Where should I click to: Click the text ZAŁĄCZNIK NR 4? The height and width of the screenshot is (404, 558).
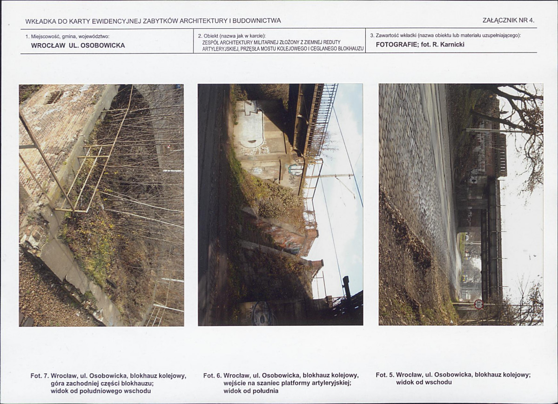(509, 20)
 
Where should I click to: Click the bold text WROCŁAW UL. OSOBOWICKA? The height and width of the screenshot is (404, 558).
(78, 46)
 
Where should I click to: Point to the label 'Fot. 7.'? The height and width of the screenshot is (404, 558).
(39, 376)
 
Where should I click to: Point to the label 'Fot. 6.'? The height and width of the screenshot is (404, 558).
(212, 375)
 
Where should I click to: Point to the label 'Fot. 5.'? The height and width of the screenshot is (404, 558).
(384, 375)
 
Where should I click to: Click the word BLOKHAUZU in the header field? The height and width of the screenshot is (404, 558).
(350, 49)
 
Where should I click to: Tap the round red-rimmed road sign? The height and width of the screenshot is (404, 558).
(478, 304)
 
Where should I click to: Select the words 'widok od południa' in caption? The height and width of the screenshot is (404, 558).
(251, 391)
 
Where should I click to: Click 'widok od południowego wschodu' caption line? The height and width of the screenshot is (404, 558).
(101, 391)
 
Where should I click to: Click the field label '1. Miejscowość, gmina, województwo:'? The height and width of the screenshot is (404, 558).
(67, 36)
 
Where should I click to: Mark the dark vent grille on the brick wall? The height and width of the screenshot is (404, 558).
(54, 97)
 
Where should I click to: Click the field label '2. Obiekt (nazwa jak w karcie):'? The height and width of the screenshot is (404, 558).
(232, 36)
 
